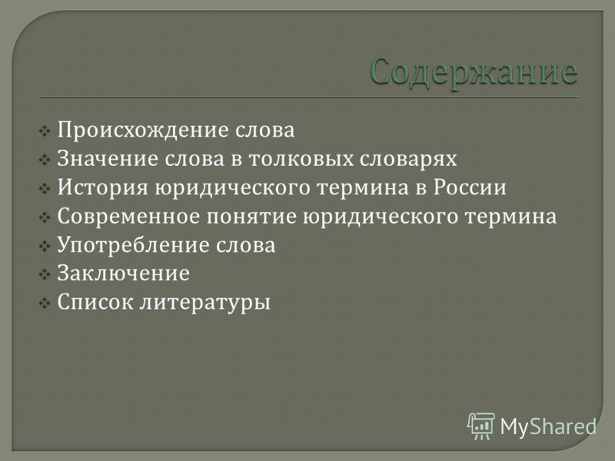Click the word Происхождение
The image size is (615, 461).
coord(143,131)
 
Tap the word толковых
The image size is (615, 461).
coord(301,159)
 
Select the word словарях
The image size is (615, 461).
coord(408,160)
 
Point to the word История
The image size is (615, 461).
coord(103,187)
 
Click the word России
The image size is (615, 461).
coord(470,187)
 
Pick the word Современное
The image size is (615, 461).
coord(128,216)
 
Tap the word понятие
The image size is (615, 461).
coord(251,217)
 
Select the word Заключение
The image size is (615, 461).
coord(124,274)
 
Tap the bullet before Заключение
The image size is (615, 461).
coord(45,274)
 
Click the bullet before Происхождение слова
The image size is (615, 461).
coord(45,131)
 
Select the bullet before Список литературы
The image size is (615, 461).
coord(45,303)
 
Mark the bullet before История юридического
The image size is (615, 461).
coord(45,188)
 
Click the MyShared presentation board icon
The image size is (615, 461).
coord(481,426)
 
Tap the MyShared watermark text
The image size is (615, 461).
coord(548,426)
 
